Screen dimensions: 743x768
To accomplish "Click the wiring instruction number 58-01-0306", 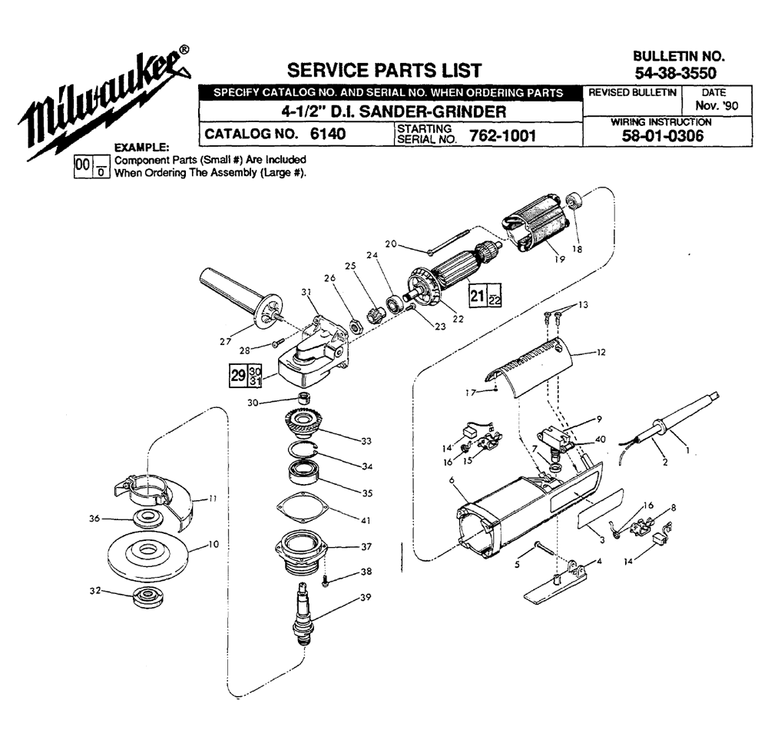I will tap(661, 138).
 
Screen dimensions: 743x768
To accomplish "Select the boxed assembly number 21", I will tap(476, 297).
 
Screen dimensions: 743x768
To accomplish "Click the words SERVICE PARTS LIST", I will tap(383, 71).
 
